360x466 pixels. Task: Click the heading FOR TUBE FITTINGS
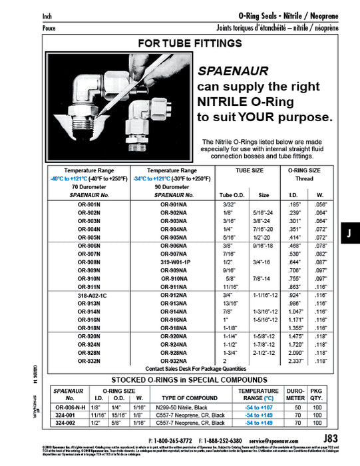(189, 44)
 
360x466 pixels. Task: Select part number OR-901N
(89, 204)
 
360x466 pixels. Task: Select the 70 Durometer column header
(89, 187)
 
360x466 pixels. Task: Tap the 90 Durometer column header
(176, 187)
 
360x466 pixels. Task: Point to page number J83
(330, 438)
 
